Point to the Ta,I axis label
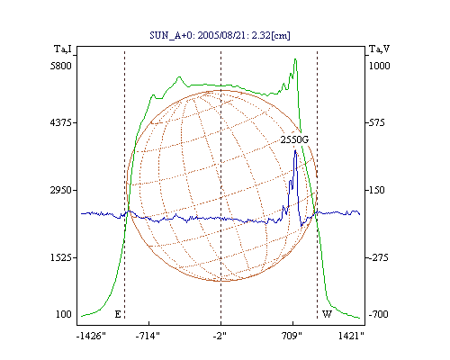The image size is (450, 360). [63, 49]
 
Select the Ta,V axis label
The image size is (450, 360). [380, 49]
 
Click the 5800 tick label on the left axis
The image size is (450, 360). [61, 66]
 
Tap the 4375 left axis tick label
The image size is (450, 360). [61, 122]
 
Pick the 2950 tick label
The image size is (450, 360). [61, 190]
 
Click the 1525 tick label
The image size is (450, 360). [61, 257]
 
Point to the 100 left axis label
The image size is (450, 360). [64, 314]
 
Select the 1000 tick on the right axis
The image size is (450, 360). [379, 66]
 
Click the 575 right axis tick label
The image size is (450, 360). [376, 122]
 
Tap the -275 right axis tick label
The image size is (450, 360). [377, 257]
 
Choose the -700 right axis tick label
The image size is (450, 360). [378, 314]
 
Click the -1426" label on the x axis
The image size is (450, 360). [91, 336]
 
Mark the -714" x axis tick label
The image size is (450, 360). [148, 336]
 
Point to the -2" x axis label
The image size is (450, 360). [220, 336]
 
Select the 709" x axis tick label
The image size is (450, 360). [292, 336]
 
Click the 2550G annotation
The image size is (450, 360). [294, 139]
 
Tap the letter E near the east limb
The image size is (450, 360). [118, 314]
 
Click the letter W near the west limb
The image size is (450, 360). [327, 314]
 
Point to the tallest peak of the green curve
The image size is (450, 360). [295, 59]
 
